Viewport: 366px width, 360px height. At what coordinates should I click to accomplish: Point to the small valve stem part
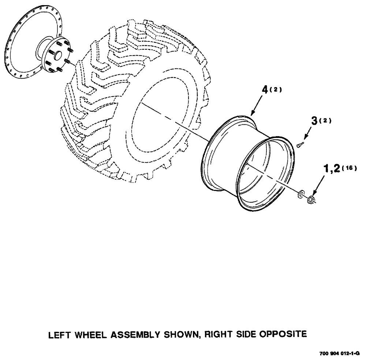tap(299, 145)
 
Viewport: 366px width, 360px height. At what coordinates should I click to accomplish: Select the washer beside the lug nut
tap(302, 194)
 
